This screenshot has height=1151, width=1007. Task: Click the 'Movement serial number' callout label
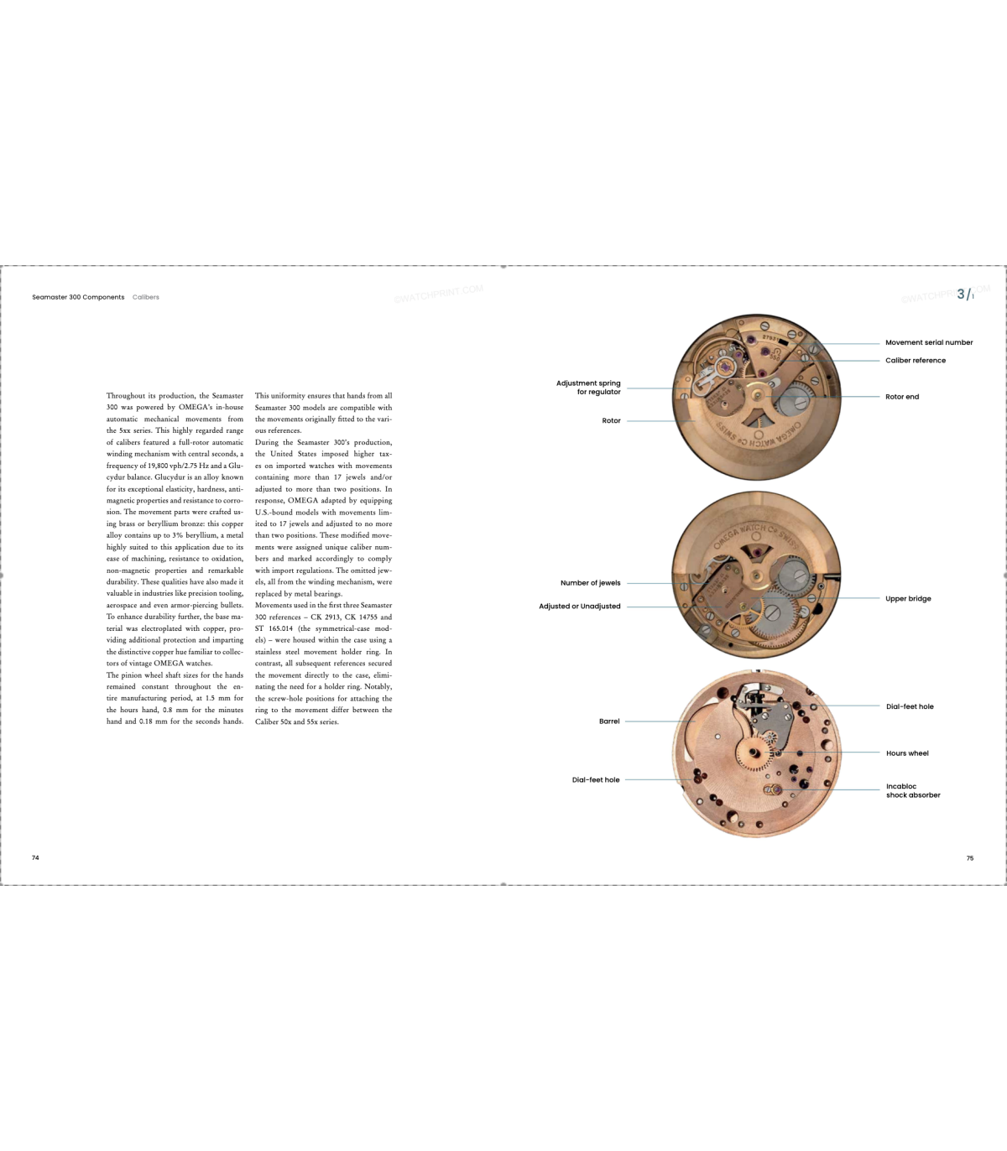[929, 342]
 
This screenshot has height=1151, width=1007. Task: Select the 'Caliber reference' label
[915, 361]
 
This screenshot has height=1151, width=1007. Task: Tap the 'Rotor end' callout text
[902, 397]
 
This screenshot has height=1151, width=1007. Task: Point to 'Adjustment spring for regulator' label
[588, 388]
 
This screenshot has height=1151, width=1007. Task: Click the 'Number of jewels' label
[590, 583]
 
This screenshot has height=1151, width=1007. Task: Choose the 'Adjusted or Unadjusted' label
[580, 607]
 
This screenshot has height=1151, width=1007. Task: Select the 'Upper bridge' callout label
[908, 599]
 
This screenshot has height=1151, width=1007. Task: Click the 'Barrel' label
[609, 721]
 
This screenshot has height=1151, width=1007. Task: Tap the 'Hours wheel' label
[907, 753]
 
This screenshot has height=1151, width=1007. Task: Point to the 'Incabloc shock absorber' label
[912, 791]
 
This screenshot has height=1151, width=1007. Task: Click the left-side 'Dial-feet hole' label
[596, 780]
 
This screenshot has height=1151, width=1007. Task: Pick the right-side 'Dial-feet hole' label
[910, 706]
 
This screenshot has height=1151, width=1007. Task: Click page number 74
[35, 858]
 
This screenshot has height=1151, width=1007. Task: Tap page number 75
[970, 858]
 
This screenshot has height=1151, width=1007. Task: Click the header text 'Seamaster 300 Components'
[78, 297]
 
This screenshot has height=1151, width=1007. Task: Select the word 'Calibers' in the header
[146, 297]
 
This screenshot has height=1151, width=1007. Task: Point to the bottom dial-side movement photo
[755, 753]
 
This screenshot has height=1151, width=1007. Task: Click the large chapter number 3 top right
[961, 294]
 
